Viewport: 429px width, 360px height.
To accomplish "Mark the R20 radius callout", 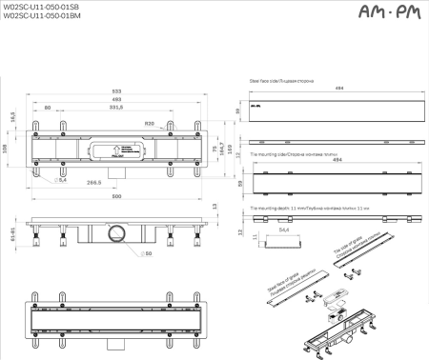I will click(x=150, y=124).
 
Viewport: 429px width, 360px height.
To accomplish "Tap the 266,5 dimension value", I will click(x=93, y=180).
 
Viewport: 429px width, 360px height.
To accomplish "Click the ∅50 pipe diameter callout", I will click(x=148, y=253).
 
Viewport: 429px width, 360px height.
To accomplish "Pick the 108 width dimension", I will click(x=6, y=148).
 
